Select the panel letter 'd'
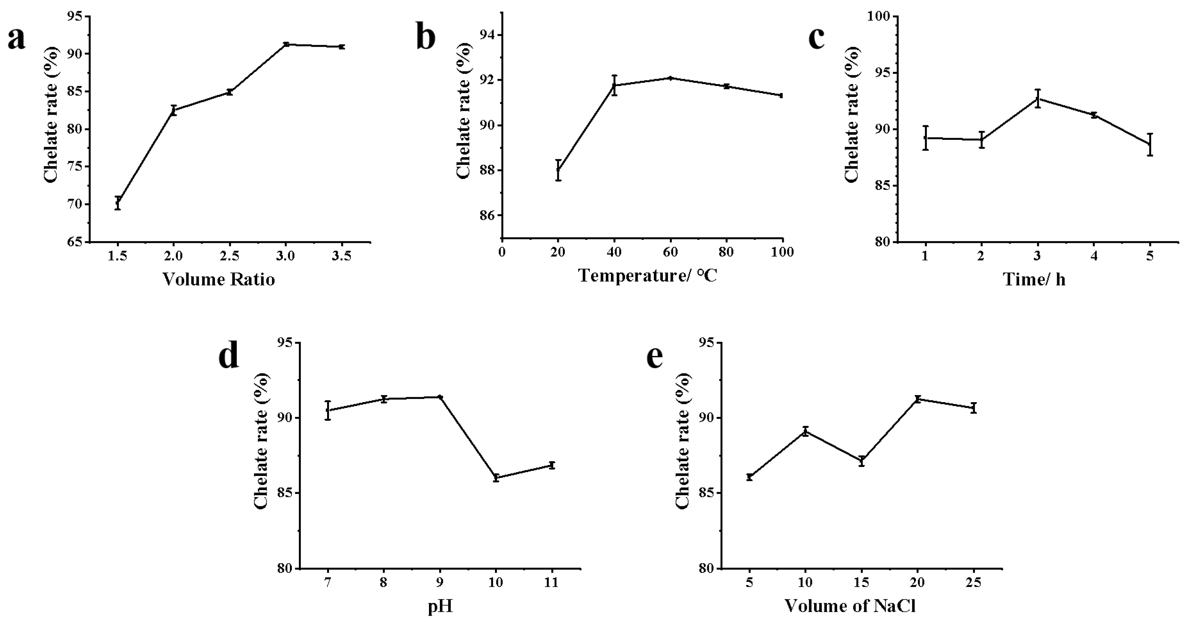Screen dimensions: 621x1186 pos(229,356)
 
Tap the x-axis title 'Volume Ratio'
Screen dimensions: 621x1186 pos(219,280)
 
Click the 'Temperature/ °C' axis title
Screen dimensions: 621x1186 pos(647,276)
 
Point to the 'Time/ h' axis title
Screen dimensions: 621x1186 pos(1034,280)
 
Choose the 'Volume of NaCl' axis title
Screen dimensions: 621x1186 pos(850,606)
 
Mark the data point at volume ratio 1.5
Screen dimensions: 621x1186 pos(118,202)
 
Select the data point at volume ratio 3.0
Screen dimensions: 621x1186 pos(286,44)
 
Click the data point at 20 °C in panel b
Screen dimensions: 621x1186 pos(558,170)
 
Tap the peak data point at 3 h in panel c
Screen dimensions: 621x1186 pos(1038,98)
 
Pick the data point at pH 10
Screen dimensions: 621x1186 pos(496,477)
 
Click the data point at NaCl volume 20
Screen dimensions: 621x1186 pos(918,399)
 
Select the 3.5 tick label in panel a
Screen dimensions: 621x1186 pos(342,256)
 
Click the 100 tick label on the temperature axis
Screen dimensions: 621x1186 pos(783,252)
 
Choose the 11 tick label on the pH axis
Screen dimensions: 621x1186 pos(552,583)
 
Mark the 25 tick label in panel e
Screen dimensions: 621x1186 pos(973,583)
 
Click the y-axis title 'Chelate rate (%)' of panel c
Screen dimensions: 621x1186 pos(852,114)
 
